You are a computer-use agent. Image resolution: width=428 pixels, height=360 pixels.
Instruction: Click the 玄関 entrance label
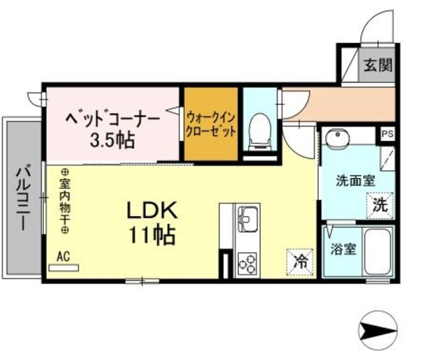click(378, 66)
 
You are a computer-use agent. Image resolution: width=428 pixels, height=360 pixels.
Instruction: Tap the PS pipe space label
click(387, 133)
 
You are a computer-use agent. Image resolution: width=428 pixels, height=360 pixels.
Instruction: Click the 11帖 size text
click(153, 235)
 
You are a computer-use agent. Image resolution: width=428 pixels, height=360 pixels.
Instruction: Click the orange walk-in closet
click(211, 124)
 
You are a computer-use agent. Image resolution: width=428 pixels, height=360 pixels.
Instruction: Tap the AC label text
click(64, 256)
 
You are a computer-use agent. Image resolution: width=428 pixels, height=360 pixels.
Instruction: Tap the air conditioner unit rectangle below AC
click(65, 267)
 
